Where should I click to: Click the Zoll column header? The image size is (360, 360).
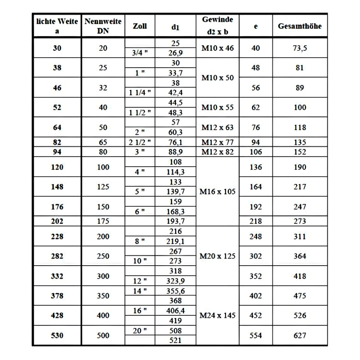[x=140, y=26]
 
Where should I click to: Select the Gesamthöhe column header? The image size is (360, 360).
[x=300, y=26]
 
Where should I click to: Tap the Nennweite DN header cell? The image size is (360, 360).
[x=103, y=26]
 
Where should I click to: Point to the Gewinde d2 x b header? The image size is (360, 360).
[x=217, y=26]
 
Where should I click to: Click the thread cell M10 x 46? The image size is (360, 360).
[x=217, y=48]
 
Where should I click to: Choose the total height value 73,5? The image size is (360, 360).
[x=300, y=48]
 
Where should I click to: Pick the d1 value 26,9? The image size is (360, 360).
[x=175, y=53]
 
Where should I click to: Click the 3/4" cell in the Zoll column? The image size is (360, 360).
[x=140, y=53]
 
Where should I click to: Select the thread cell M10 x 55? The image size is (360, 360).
[x=217, y=107]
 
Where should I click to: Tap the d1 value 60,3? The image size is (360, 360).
[x=175, y=132]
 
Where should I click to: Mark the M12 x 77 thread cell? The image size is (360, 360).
[x=217, y=142]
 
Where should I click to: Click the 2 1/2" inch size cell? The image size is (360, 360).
[x=140, y=142]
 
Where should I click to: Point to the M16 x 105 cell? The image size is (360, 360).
[x=217, y=192]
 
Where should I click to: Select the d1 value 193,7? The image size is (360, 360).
[x=175, y=221]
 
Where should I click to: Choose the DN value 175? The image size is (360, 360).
[x=103, y=221]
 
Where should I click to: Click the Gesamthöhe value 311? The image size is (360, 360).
[x=300, y=237]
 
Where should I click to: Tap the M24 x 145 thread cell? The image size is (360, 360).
[x=217, y=315]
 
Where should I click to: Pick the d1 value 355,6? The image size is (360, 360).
[x=175, y=291]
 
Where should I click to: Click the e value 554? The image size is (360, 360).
[x=256, y=336]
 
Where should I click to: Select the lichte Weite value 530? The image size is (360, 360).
[x=57, y=336]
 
